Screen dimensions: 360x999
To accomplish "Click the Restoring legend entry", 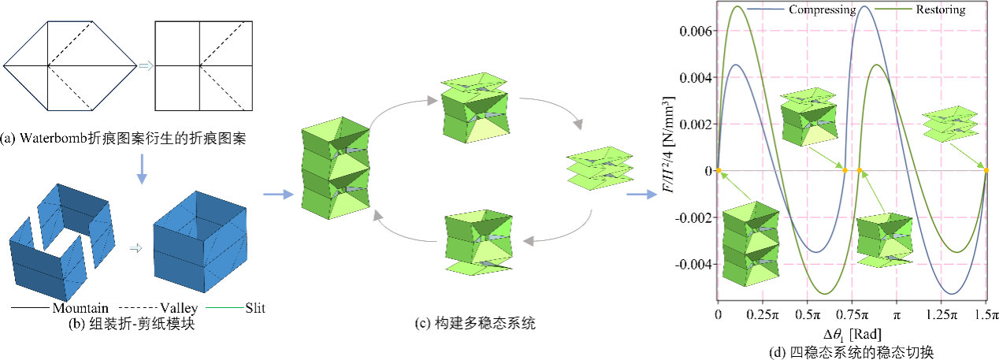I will [x=941, y=10].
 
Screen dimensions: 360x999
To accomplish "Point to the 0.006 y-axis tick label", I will [x=694, y=31].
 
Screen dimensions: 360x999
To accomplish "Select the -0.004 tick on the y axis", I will [x=692, y=264].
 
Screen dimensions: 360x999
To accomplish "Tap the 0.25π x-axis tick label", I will [x=762, y=314].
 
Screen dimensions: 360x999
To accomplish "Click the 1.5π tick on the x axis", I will [x=986, y=314].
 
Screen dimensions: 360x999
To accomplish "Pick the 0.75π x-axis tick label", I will [x=852, y=314].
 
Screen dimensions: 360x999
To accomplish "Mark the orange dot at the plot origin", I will [x=718, y=171].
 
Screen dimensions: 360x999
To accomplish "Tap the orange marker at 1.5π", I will [x=986, y=171].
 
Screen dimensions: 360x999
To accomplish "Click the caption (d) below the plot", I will [x=852, y=349].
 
